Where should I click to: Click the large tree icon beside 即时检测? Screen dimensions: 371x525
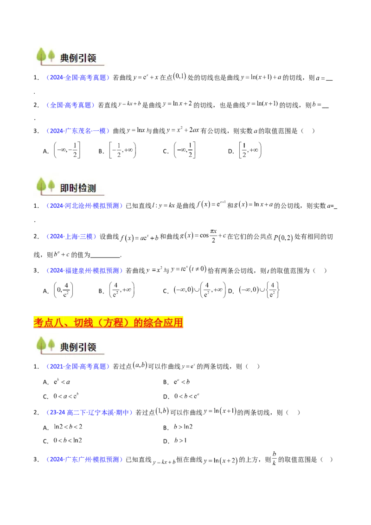pyautogui.click(x=42, y=186)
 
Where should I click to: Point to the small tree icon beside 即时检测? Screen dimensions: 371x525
pyautogui.click(x=51, y=186)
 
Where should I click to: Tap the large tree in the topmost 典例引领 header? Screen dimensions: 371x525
pyautogui.click(x=42, y=57)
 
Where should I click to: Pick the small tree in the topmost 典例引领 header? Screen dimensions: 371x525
pyautogui.click(x=51, y=57)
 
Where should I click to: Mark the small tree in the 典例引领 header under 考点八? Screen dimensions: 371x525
pyautogui.click(x=51, y=346)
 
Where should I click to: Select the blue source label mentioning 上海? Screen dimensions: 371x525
pyautogui.click(x=71, y=237)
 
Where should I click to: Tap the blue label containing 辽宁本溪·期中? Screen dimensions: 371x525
pyautogui.click(x=97, y=412)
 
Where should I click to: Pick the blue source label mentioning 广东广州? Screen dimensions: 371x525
pyautogui.click(x=84, y=460)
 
